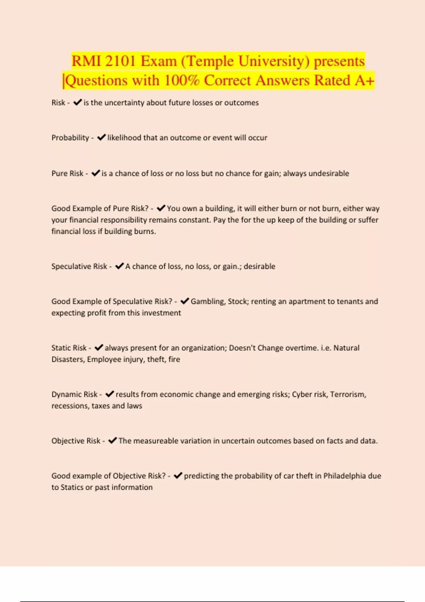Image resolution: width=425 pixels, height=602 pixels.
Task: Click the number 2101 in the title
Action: (x=120, y=61)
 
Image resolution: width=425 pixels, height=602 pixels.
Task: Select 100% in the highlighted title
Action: (x=182, y=80)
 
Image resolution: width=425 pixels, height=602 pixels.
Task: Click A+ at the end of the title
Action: (x=364, y=80)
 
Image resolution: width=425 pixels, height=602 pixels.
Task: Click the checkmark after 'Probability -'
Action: (x=101, y=137)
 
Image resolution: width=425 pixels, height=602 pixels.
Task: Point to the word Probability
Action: (x=70, y=138)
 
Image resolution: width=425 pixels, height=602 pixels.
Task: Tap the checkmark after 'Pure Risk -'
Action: (x=96, y=173)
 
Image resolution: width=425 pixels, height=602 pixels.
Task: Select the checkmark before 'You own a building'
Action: (x=161, y=208)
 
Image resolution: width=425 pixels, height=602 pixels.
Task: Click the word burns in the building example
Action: (x=145, y=232)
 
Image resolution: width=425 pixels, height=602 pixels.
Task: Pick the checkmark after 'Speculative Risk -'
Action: (x=120, y=266)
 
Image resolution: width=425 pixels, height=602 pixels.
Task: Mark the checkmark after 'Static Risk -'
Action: (x=99, y=347)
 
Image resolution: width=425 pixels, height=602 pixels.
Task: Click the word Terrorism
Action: (x=348, y=394)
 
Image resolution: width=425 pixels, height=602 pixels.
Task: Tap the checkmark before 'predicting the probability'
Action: (x=178, y=476)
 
